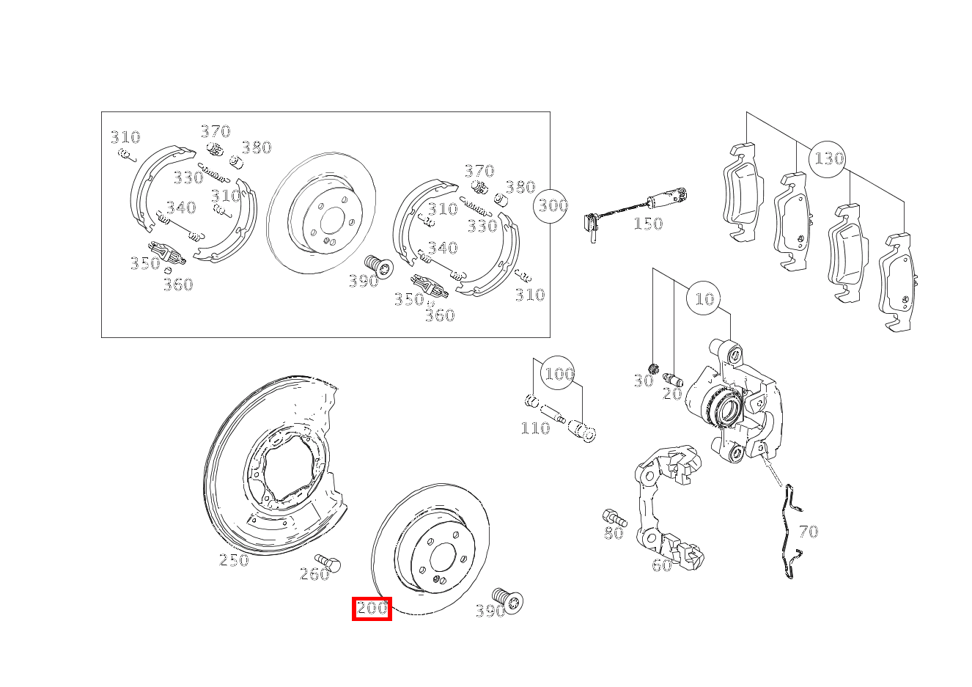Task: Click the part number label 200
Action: pos(372,609)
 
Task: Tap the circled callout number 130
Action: pos(828,158)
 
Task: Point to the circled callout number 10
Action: pos(704,298)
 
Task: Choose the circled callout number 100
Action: pos(558,374)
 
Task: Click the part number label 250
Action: pos(234,560)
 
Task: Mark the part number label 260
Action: pos(314,574)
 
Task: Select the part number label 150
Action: pos(648,224)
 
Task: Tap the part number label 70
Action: pos(808,532)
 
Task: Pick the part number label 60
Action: pos(662,565)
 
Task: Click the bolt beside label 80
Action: pos(612,517)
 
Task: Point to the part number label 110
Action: pos(535,428)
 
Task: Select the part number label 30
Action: pos(643,381)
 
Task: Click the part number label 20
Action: pos(672,394)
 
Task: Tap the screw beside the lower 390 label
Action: pos(507,600)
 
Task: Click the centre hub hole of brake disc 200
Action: pos(442,558)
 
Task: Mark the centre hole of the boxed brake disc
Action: pos(332,221)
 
